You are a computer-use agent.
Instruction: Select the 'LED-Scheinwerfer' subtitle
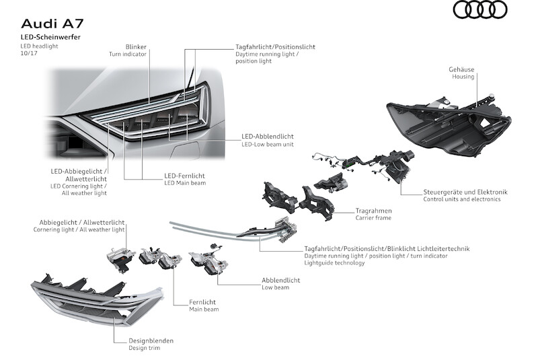tap(50, 36)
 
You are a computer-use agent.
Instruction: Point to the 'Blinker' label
tap(136, 47)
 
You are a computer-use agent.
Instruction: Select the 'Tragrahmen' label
tap(374, 210)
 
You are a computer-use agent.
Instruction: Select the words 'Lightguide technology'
tap(335, 263)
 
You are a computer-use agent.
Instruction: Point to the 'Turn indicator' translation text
tap(128, 54)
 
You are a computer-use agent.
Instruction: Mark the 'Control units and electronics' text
tap(462, 200)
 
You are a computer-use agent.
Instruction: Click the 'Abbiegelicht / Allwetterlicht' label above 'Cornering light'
tap(82, 221)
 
